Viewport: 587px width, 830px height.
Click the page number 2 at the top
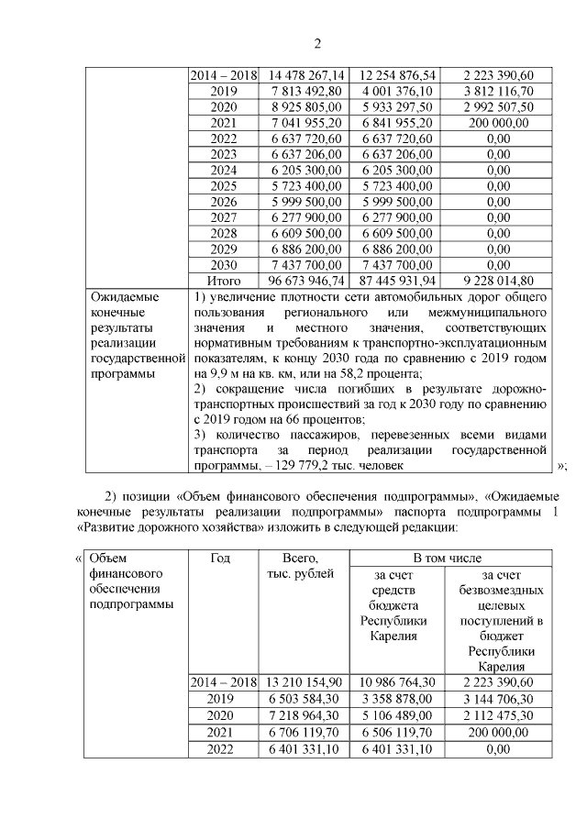pos(317,44)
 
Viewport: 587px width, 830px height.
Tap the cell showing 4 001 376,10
pos(396,91)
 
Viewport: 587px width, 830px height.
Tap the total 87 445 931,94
pos(396,280)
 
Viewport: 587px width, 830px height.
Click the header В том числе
pos(451,558)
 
